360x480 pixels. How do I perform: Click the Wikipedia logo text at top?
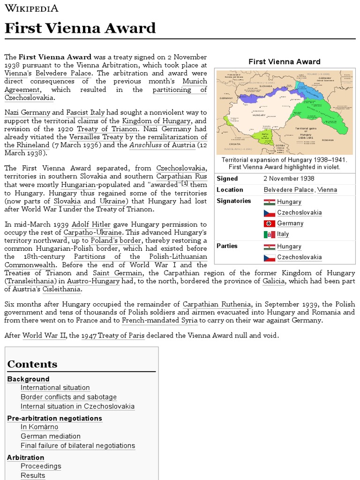click(x=31, y=8)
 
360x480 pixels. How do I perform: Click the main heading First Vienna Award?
click(x=80, y=28)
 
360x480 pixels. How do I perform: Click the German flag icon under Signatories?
click(x=269, y=224)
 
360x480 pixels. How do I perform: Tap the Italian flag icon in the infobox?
click(x=269, y=234)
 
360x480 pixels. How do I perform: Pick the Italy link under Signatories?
click(x=283, y=234)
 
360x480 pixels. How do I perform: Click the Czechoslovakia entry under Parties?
click(x=299, y=257)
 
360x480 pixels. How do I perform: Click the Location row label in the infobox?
click(x=230, y=190)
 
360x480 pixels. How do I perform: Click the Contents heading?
click(x=32, y=364)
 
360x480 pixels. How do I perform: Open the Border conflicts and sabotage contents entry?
click(x=68, y=397)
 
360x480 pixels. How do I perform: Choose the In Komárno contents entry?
click(x=39, y=427)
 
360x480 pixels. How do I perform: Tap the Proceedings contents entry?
click(x=41, y=466)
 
